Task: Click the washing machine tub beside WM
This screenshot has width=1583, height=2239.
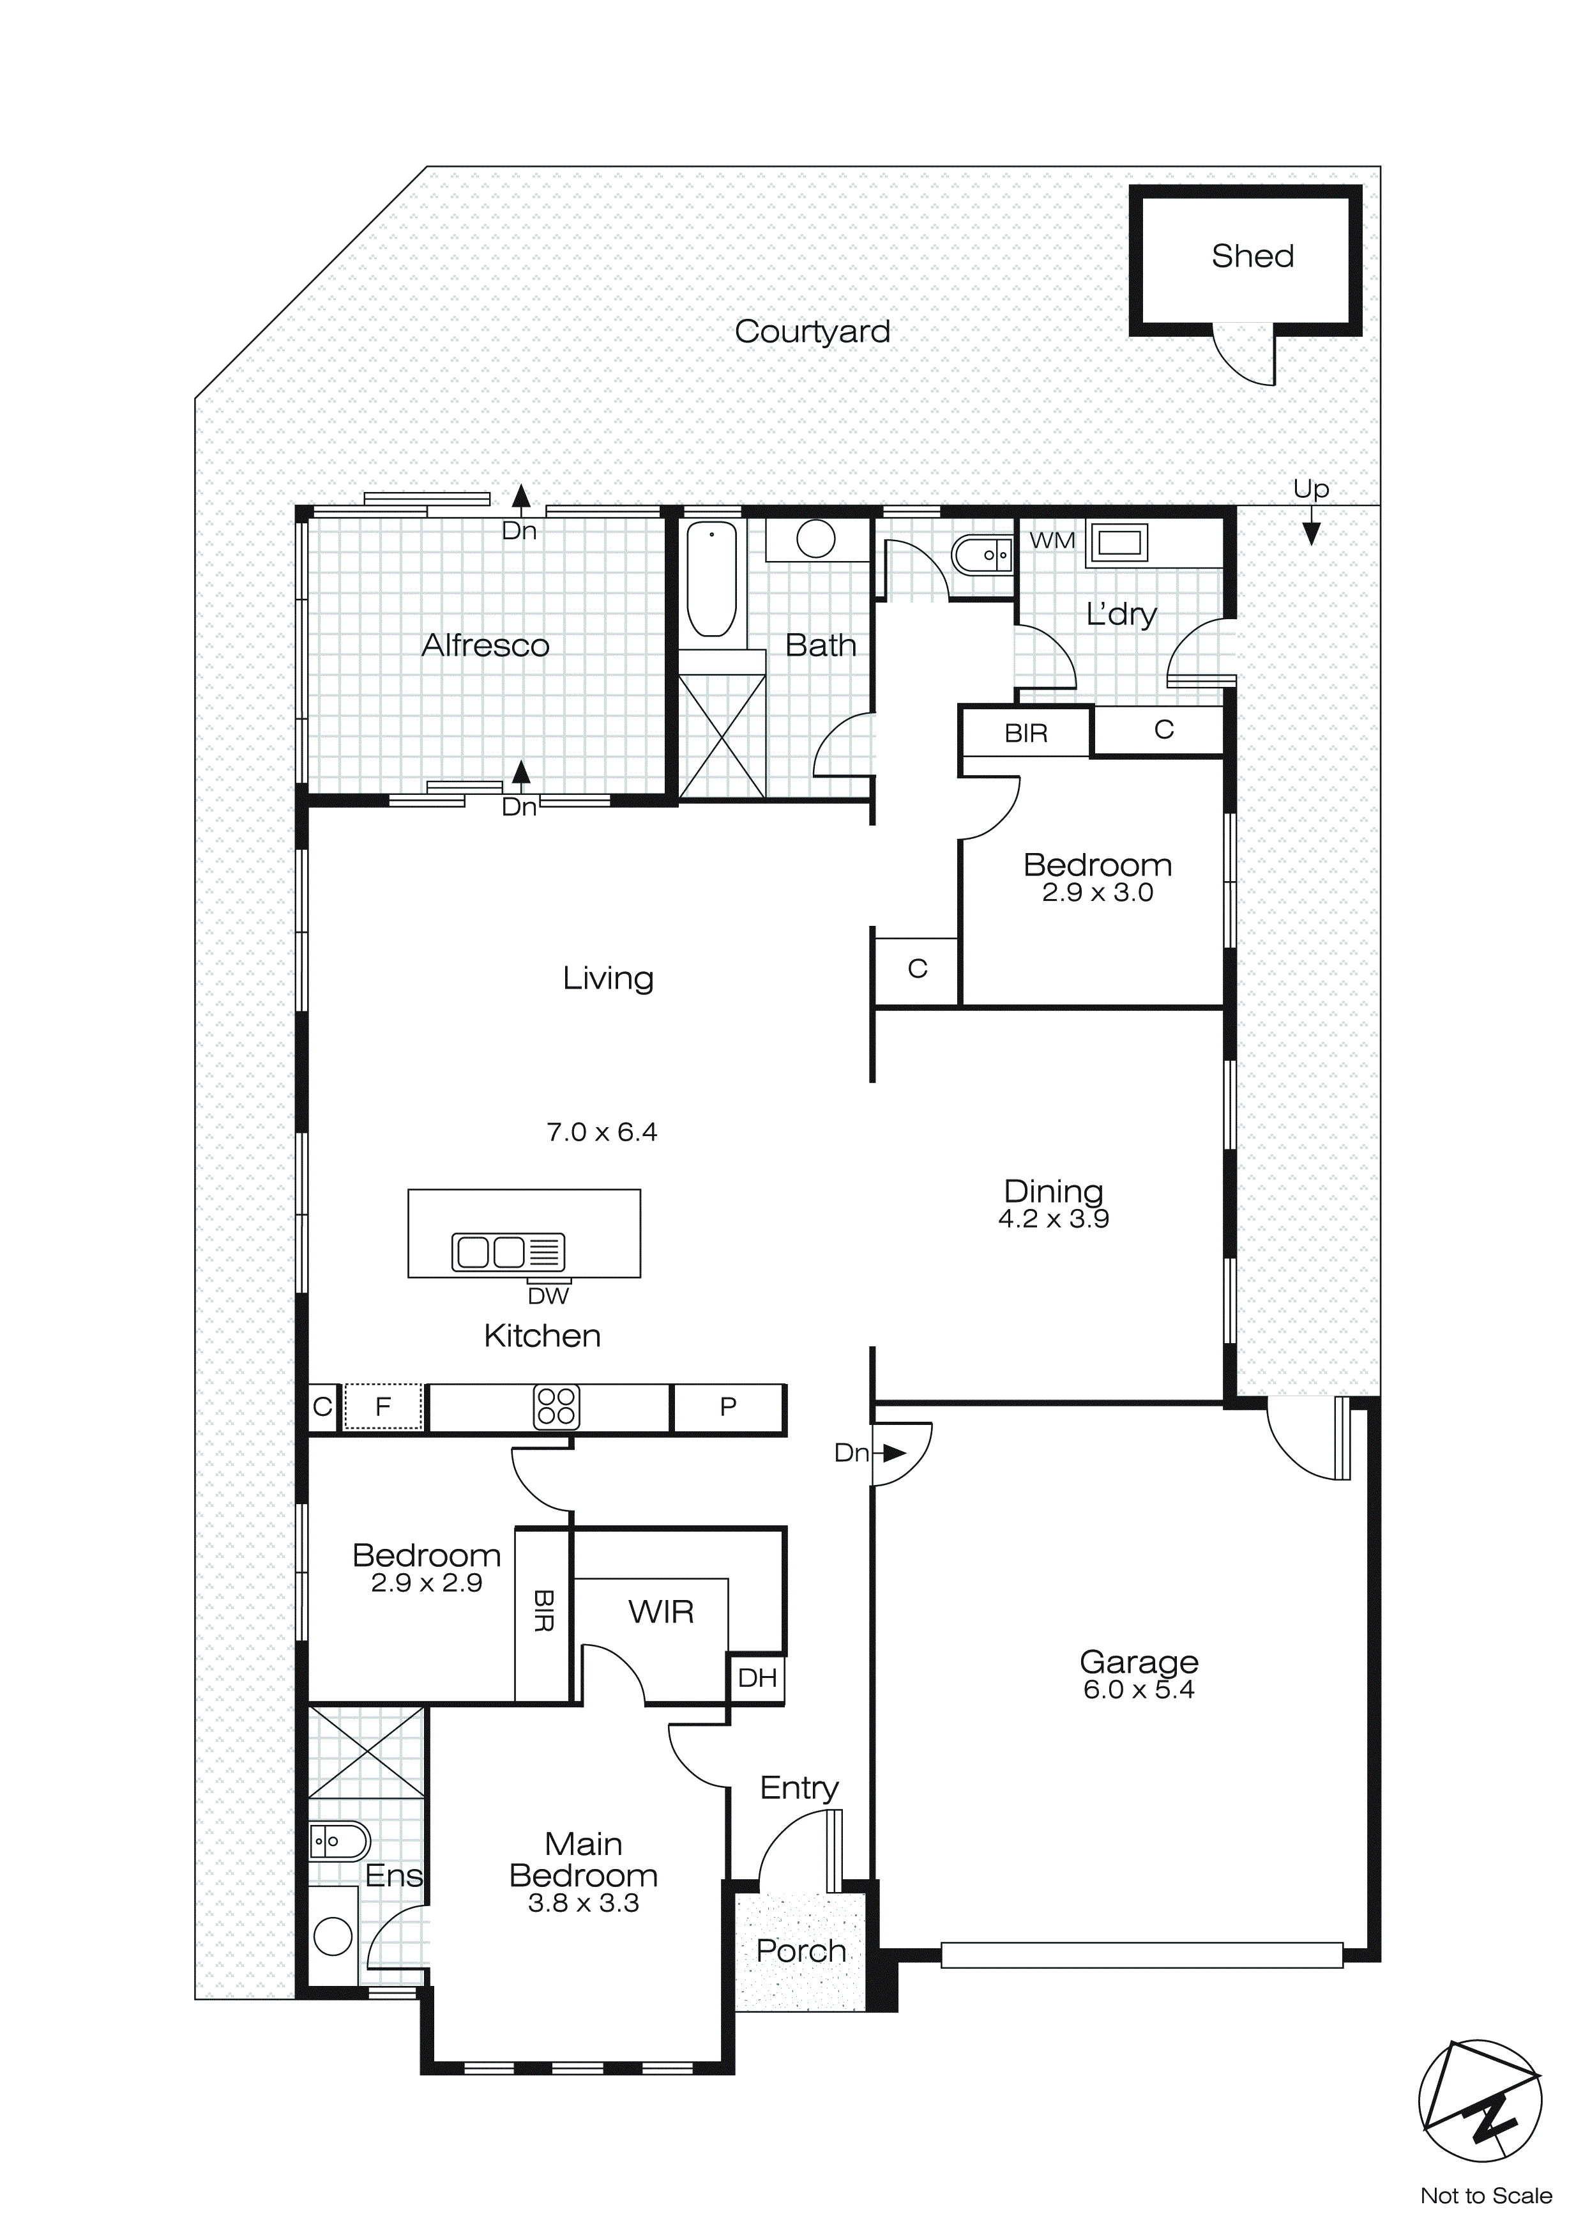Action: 1118,542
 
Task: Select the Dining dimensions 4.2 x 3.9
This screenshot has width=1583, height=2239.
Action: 1053,1219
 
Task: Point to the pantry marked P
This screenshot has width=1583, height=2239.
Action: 727,1406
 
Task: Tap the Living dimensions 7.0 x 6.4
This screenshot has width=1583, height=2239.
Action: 602,1132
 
